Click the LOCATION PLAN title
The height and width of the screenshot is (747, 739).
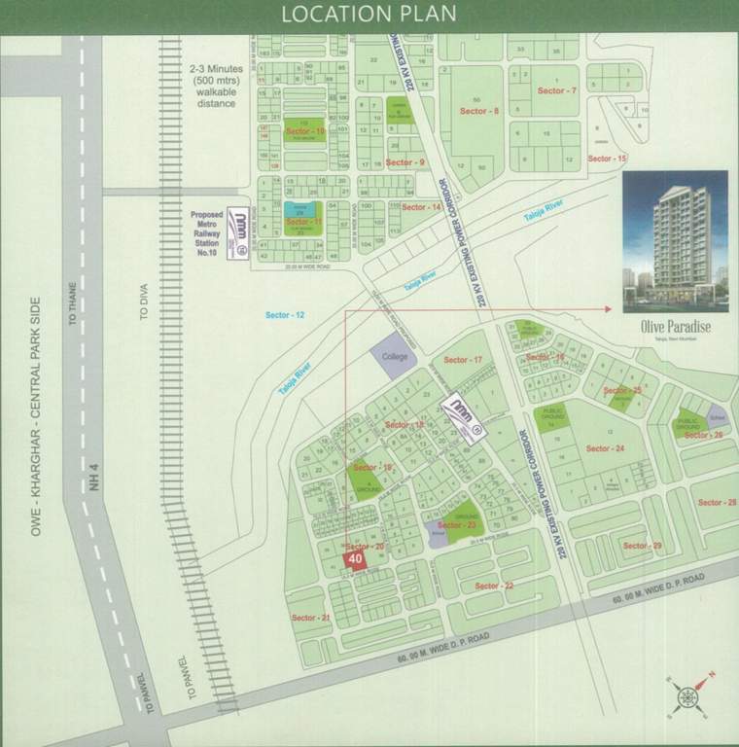369,15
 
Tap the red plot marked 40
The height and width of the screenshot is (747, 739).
355,560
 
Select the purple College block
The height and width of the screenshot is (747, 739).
395,358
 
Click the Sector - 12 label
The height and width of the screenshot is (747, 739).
285,315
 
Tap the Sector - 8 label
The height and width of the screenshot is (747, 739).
479,112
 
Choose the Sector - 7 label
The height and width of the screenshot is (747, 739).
557,90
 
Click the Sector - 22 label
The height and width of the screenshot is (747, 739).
494,586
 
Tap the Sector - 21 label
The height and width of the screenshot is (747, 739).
311,618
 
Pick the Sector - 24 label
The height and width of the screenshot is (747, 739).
605,448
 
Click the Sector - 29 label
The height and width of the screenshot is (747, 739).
642,546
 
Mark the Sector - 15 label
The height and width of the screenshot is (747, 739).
608,158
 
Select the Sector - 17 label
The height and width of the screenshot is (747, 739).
464,360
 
